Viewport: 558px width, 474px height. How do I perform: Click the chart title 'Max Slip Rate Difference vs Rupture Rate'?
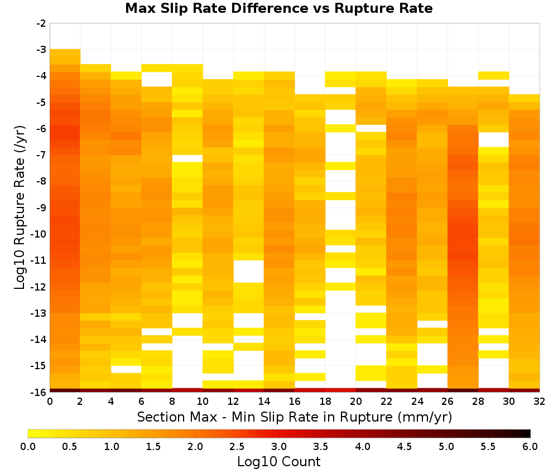click(x=278, y=8)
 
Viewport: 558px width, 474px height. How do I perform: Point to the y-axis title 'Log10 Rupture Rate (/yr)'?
click(x=20, y=207)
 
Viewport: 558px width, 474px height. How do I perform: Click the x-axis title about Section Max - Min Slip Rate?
click(x=294, y=417)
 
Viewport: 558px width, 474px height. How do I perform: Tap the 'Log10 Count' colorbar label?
click(x=278, y=462)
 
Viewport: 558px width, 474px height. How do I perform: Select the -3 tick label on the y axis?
click(x=41, y=50)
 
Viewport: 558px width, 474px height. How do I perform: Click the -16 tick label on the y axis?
click(x=39, y=392)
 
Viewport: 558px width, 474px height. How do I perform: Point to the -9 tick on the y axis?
click(x=41, y=207)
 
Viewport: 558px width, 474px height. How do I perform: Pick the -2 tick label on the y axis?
click(x=41, y=23)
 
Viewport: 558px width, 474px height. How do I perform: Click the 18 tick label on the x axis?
click(x=325, y=402)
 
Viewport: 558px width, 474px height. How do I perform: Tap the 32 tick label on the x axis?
click(x=540, y=402)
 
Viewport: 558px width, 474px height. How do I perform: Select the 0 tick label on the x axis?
click(x=50, y=402)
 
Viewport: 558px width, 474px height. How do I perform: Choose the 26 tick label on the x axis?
click(x=448, y=402)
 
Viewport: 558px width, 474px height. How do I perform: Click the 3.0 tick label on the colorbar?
click(x=279, y=446)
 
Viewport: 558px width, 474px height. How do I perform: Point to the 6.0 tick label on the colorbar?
click(x=530, y=446)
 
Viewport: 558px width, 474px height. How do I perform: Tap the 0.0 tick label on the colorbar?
click(x=28, y=446)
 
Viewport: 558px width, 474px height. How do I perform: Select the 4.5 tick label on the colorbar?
click(x=405, y=446)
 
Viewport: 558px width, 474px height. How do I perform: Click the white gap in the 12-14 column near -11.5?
click(x=248, y=272)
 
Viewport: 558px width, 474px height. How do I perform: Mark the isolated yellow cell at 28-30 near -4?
click(x=494, y=76)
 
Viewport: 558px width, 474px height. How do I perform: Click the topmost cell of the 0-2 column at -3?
click(x=65, y=53)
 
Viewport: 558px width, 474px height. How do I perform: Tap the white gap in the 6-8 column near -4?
click(x=157, y=79)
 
